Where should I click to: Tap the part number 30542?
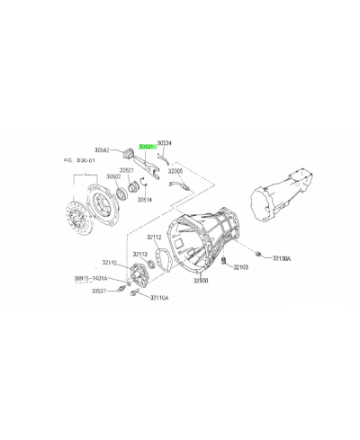click(107, 150)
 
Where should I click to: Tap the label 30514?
click(144, 199)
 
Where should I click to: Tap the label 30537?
click(101, 291)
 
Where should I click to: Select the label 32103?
click(240, 267)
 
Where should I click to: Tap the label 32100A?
click(278, 257)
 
